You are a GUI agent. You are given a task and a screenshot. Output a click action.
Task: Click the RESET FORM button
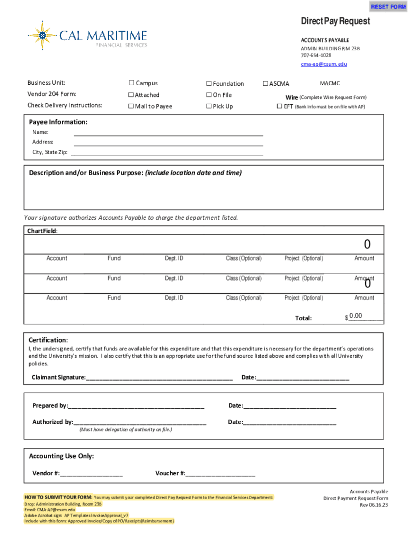pos(388,7)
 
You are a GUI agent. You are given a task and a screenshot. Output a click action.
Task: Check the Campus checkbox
pos(131,83)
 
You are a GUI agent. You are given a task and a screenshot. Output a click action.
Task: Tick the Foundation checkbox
pos(209,84)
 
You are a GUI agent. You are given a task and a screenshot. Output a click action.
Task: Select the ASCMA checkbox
pos(266,84)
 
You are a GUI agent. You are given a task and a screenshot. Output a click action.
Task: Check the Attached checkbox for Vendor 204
pos(131,95)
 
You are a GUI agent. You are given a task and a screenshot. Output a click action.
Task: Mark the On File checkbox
pos(209,95)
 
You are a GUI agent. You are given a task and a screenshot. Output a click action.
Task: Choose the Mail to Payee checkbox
pos(131,106)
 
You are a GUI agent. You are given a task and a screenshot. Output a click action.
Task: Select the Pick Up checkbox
pos(209,106)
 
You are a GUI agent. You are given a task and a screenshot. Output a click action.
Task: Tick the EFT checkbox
pos(280,106)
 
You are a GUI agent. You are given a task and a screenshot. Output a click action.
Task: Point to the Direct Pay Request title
pos(335,21)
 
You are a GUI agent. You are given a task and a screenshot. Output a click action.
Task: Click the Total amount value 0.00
pos(356,316)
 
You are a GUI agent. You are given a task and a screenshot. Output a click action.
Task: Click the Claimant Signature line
pos(159,377)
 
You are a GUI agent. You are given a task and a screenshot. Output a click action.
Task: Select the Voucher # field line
pos(220,473)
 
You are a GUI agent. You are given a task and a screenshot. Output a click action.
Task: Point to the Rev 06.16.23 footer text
pos(374,505)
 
